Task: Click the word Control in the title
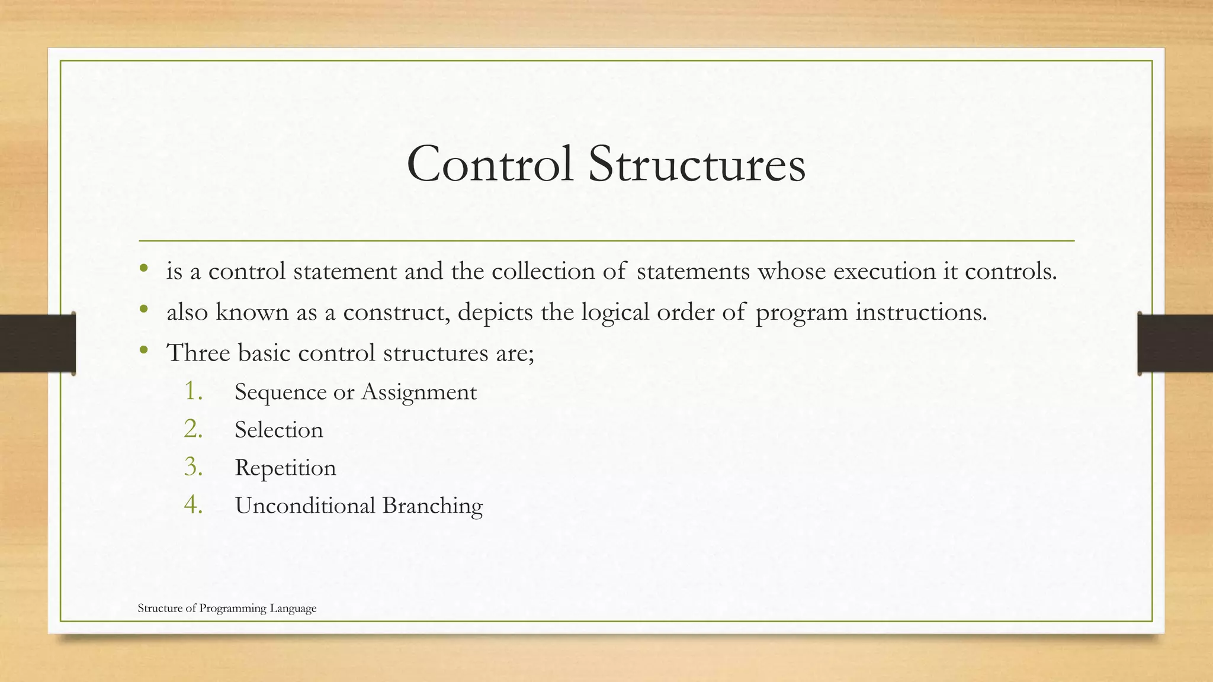click(x=490, y=165)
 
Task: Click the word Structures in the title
click(x=697, y=165)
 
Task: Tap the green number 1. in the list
click(x=194, y=391)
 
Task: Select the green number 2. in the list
click(x=194, y=429)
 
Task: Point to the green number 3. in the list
click(x=194, y=467)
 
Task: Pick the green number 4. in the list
click(x=194, y=504)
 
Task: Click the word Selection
click(x=278, y=430)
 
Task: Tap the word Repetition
click(x=285, y=468)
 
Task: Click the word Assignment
click(x=419, y=393)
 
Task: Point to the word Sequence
click(x=280, y=393)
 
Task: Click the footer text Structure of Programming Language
click(x=227, y=608)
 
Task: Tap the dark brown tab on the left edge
click(x=37, y=343)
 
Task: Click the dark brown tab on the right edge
click(x=1175, y=343)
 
